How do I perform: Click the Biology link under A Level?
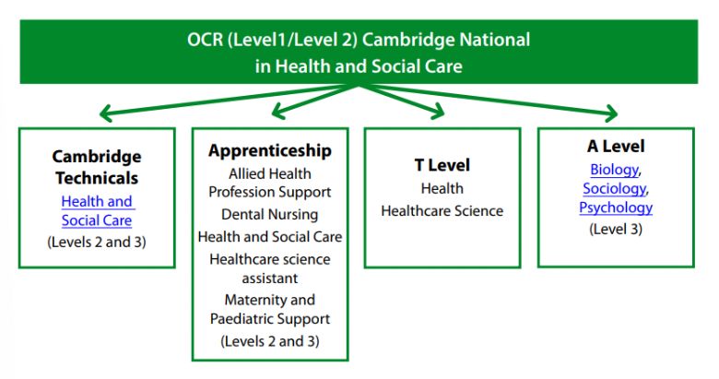(x=615, y=170)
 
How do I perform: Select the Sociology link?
(x=615, y=189)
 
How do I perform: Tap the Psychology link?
(x=616, y=207)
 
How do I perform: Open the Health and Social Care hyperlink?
(x=97, y=210)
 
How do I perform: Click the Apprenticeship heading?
(x=269, y=150)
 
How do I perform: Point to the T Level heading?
(x=442, y=165)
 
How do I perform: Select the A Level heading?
(x=616, y=146)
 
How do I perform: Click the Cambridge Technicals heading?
(x=97, y=167)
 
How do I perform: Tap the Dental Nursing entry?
(x=269, y=214)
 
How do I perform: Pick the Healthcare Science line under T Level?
(x=442, y=210)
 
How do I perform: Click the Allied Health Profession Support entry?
(x=269, y=183)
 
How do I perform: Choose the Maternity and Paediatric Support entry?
(x=269, y=309)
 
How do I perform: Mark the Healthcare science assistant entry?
(x=269, y=268)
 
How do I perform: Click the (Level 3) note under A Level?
(x=616, y=229)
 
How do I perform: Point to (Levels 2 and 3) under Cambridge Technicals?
(x=97, y=242)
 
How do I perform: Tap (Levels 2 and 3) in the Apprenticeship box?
(x=269, y=341)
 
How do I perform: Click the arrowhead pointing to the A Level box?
(x=613, y=113)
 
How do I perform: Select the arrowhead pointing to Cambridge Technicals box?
(x=104, y=113)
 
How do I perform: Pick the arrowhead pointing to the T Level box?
(x=440, y=112)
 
